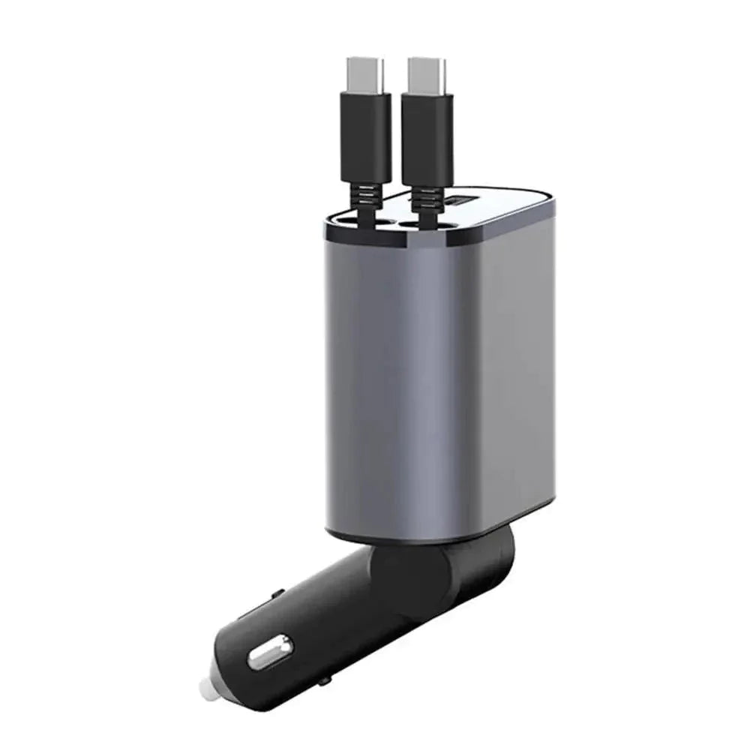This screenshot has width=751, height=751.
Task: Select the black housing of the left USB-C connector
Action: tap(366, 139)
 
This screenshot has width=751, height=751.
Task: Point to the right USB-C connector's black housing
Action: tap(427, 139)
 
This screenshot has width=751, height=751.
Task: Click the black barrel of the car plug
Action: tap(315, 623)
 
